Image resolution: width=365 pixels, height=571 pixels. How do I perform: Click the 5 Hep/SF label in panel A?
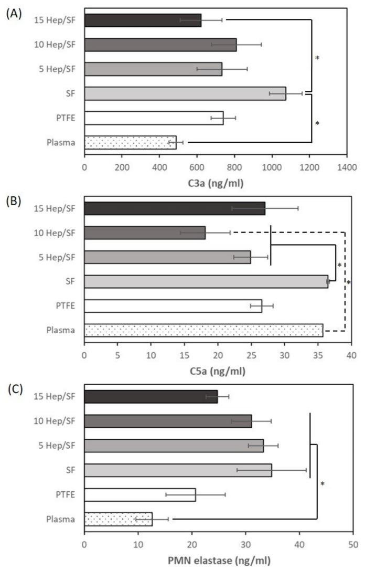[x=57, y=69]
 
